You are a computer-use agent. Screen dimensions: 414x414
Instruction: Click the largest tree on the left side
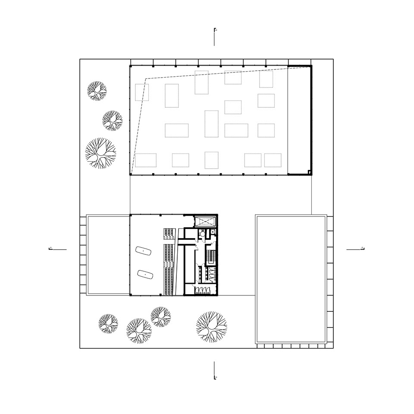point(100,153)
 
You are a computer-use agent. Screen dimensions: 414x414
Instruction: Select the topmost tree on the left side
point(97,91)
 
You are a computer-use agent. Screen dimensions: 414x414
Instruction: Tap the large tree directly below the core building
point(211,326)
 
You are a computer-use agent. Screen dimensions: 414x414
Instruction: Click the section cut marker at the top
point(215,37)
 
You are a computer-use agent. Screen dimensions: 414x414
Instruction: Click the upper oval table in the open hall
point(143,251)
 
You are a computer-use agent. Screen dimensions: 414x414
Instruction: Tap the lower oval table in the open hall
point(144,274)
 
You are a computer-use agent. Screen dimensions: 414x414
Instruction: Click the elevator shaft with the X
point(206,222)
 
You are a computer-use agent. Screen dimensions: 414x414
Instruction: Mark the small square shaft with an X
point(213,232)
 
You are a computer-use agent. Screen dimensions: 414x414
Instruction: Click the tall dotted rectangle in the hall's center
point(211,124)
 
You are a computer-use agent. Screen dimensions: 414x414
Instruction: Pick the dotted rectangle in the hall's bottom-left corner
point(145,160)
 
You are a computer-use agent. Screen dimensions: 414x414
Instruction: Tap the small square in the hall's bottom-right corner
point(309,172)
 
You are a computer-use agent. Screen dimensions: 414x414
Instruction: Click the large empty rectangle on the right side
point(291,279)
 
